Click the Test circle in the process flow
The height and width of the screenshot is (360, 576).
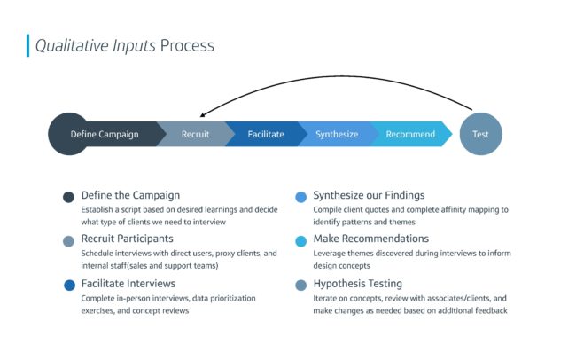coord(480,134)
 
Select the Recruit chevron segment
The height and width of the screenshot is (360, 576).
coord(196,134)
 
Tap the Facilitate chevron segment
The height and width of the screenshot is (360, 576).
coord(266,134)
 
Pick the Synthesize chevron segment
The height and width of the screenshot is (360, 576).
coord(337,134)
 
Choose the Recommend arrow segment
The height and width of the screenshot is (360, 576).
coord(410,134)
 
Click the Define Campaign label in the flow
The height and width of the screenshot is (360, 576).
coord(105,134)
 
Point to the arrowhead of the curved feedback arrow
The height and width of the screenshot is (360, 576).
coord(202,115)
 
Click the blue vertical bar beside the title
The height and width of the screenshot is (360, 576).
coord(28,45)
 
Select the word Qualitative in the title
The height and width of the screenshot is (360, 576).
coord(72,45)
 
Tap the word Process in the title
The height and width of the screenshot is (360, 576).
coord(187,45)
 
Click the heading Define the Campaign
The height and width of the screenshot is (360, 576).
coord(130,195)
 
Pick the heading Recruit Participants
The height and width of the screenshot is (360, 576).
coord(127,239)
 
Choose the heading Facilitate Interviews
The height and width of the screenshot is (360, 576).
coord(128,284)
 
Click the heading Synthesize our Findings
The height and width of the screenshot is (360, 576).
coord(369,195)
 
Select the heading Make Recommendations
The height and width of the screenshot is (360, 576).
coord(371,239)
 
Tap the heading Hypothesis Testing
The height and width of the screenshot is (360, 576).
coord(358,284)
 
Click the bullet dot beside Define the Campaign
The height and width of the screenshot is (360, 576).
coord(68,197)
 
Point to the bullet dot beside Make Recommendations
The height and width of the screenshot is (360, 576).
coord(301,241)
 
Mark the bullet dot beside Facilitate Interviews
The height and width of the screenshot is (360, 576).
coord(69,285)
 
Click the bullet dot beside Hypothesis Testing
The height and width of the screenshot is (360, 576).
coord(301,285)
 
